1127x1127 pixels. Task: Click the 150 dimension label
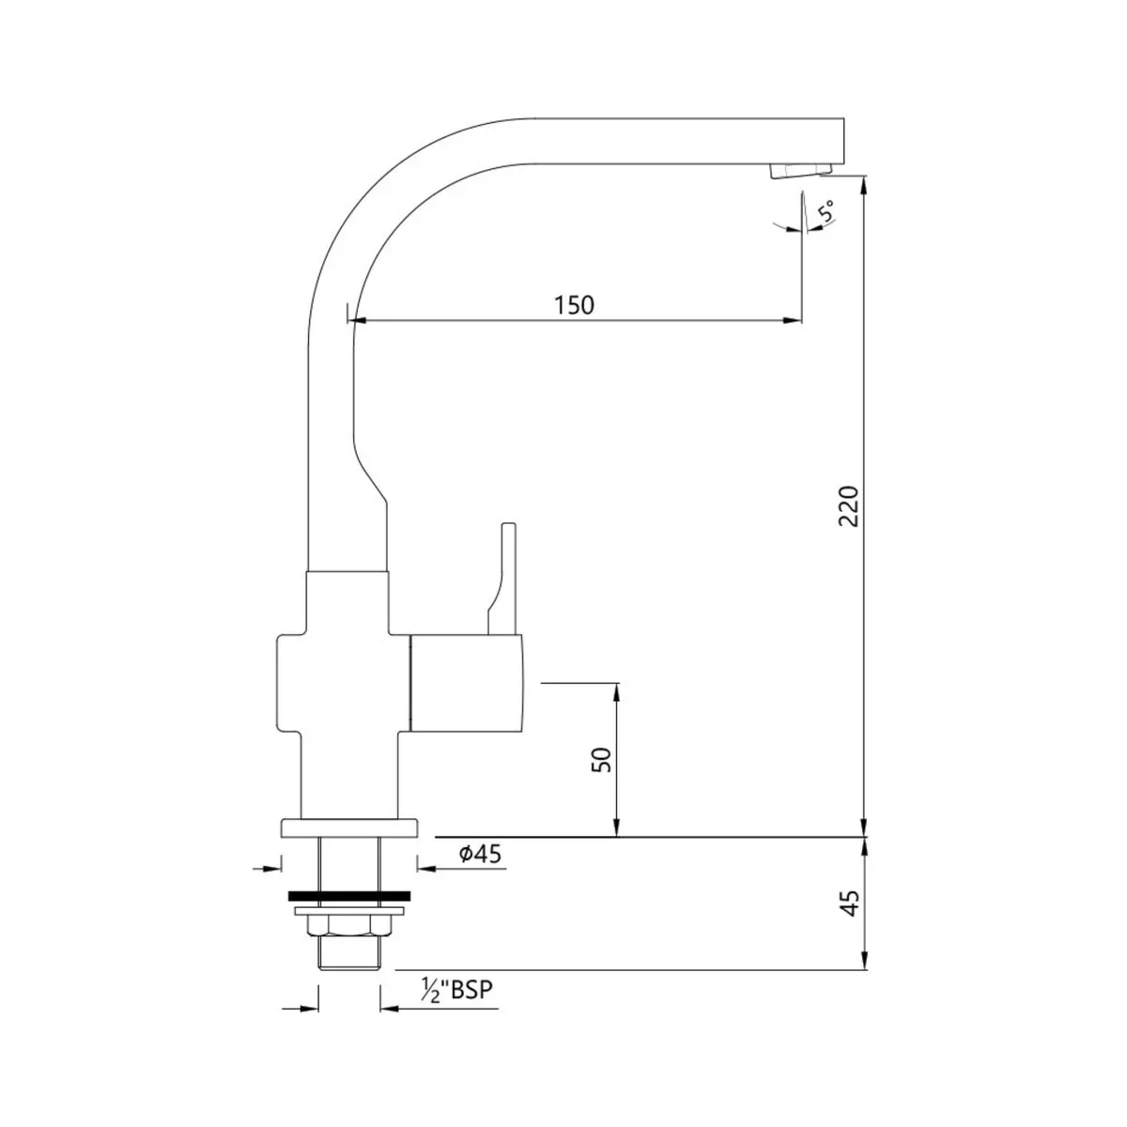click(x=574, y=305)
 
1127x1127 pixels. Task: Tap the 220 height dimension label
click(x=849, y=506)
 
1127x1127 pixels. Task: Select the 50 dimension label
click(x=601, y=760)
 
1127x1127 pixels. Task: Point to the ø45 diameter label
click(x=480, y=855)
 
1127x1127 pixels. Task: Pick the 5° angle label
click(x=826, y=210)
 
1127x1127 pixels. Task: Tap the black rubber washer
click(x=349, y=895)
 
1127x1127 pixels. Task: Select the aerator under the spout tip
click(x=800, y=170)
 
